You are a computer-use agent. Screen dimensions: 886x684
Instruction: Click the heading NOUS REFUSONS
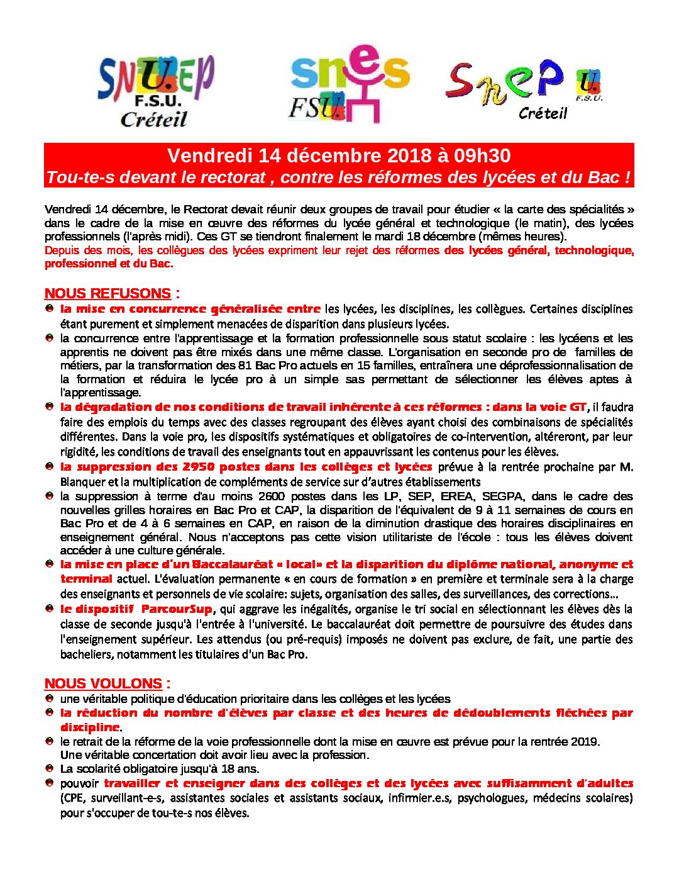[108, 294]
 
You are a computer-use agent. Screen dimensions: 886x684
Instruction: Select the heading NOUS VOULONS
[103, 684]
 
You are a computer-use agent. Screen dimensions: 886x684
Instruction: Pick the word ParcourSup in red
[177, 609]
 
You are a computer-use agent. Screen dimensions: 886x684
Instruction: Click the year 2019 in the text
[585, 741]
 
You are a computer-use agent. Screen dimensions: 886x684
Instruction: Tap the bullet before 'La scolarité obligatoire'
[49, 768]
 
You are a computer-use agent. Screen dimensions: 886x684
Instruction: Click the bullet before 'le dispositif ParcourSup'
[49, 609]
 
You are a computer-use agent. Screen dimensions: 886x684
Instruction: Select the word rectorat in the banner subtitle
[233, 177]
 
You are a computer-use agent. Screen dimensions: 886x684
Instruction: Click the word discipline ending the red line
[89, 727]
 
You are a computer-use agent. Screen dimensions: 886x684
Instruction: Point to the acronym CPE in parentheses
[74, 799]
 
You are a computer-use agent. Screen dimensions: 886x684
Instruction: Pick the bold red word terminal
[86, 579]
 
